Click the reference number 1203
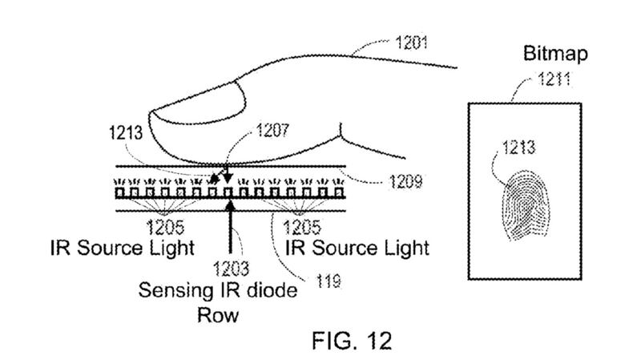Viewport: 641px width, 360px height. pyautogui.click(x=233, y=269)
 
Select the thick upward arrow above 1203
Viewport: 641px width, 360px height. pyautogui.click(x=232, y=233)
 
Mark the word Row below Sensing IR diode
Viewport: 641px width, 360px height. pyautogui.click(x=219, y=314)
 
